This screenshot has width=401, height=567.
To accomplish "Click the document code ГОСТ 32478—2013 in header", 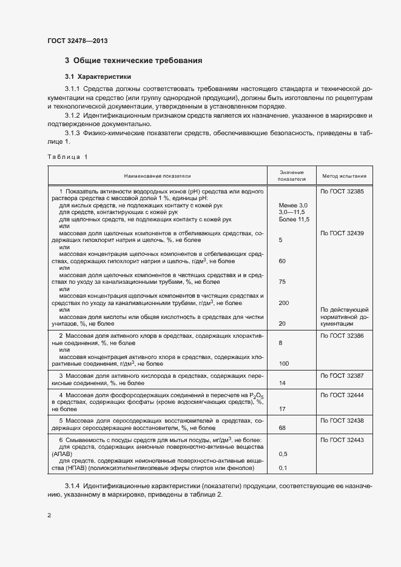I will pos(77,41).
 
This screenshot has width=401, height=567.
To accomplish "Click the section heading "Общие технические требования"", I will pos(137,61).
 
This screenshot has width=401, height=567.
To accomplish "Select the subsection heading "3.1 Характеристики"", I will pos(96,76).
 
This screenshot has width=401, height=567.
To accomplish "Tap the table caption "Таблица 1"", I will pos(67,157).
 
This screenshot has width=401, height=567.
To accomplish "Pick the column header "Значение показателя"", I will pos(291,176).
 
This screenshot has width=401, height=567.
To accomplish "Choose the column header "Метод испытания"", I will pos(344,176).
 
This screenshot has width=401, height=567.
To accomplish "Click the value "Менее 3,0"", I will pos(293,206).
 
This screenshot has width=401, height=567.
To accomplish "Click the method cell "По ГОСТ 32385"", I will pos(342,191).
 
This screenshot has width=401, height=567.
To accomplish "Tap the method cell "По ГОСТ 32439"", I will pos(342,233).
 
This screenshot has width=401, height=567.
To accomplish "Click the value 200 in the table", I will pos(283,303).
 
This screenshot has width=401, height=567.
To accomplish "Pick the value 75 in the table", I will pos(281,282).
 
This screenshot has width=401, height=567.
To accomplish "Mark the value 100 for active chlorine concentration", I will pos(283,364).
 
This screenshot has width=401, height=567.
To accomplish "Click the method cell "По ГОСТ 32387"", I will pos(342,377).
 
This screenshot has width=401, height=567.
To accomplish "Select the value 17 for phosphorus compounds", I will pos(281,409).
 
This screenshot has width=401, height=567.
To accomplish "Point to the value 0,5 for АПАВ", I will pos(283,454).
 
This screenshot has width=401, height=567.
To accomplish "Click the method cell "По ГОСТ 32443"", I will pos(342,440).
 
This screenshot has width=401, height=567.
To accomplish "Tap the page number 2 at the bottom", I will pos(49,515).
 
